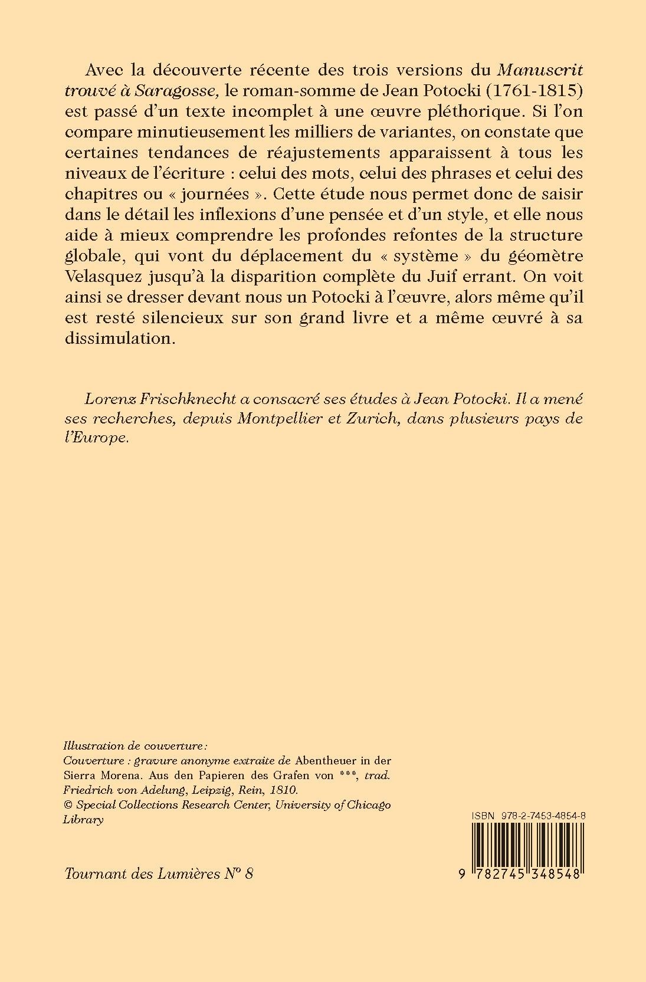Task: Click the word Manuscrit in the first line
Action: tap(540, 70)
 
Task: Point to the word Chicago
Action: tap(369, 804)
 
